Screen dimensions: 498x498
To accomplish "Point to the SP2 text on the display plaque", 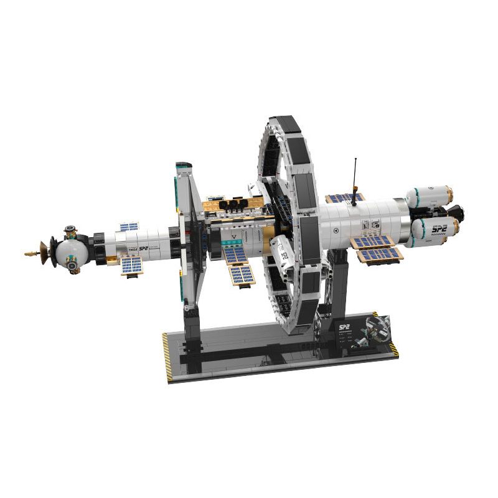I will [x=344, y=326].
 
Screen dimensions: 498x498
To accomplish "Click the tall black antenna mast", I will [x=355, y=177].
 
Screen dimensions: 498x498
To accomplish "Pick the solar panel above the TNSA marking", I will [x=129, y=227].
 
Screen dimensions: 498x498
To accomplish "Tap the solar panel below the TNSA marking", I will [x=131, y=266].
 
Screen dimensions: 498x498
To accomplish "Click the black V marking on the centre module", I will [x=233, y=237].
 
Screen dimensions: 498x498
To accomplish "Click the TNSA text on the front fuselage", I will [x=133, y=249].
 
